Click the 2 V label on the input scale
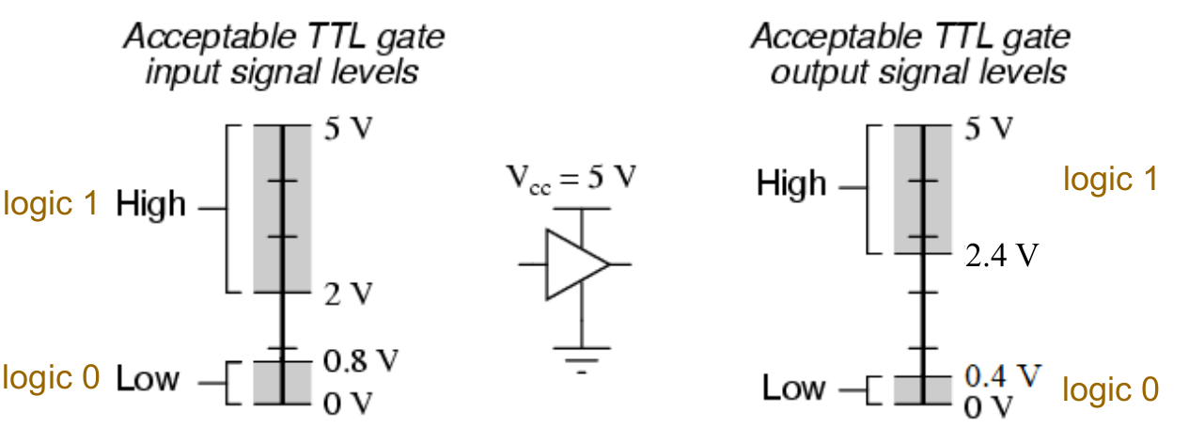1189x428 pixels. click(x=349, y=294)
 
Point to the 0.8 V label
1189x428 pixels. click(x=362, y=360)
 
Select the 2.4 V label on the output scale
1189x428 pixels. click(x=1000, y=255)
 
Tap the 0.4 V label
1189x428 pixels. click(x=1003, y=375)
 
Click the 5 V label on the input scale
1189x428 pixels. click(x=349, y=129)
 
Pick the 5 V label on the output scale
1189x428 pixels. click(x=990, y=128)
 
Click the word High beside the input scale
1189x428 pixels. click(x=151, y=204)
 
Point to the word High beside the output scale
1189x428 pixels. click(x=791, y=183)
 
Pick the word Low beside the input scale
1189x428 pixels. click(x=148, y=379)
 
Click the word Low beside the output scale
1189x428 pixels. click(x=793, y=388)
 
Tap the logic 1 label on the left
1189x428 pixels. click(x=51, y=204)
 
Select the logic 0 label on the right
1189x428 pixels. click(x=1110, y=389)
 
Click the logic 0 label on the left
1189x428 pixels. click(x=51, y=378)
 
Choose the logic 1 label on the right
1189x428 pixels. click(x=1110, y=179)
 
